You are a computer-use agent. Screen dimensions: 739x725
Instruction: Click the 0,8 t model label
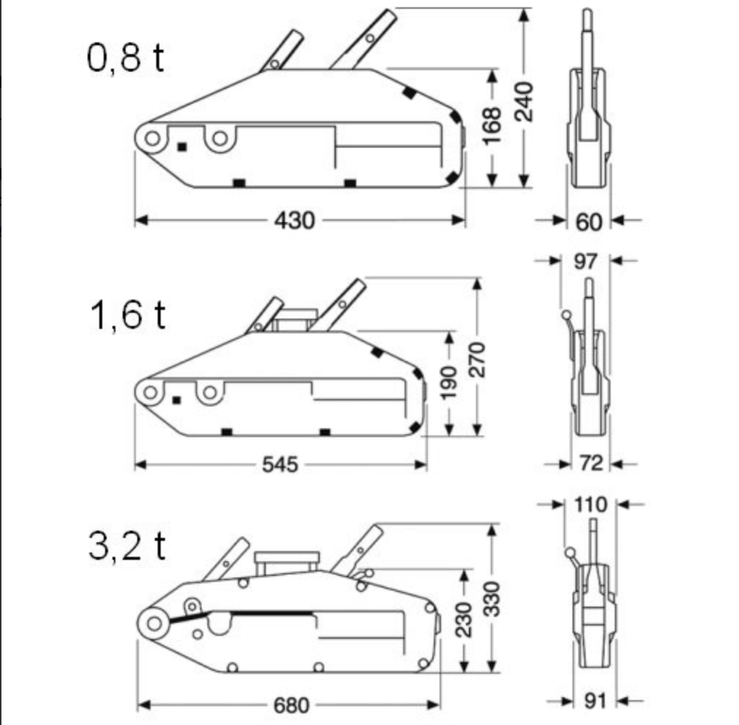[126, 58]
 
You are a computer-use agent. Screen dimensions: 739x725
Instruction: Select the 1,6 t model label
[127, 314]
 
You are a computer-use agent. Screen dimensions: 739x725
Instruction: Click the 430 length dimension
[294, 220]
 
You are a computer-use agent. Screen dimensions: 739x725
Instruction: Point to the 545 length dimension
[280, 465]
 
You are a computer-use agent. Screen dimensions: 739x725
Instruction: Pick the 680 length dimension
[291, 705]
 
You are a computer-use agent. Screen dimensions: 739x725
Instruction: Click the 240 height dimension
[524, 102]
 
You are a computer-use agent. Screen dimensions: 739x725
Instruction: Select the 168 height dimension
[492, 126]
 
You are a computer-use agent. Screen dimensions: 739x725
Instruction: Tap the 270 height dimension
[477, 360]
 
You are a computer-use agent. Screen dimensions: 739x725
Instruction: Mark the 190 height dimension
[448, 382]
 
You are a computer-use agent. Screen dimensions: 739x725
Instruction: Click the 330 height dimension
[492, 599]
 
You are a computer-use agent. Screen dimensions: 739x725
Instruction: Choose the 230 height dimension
[464, 620]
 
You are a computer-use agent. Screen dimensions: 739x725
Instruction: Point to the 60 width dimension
[589, 221]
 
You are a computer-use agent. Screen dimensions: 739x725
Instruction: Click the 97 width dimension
[586, 262]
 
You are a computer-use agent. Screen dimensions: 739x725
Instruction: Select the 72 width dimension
[591, 463]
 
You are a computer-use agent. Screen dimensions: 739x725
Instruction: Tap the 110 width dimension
[591, 505]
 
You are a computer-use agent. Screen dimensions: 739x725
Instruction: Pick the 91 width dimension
[595, 702]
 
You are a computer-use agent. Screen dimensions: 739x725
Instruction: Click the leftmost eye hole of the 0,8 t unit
[152, 139]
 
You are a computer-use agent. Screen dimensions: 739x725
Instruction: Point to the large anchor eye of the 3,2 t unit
[154, 623]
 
